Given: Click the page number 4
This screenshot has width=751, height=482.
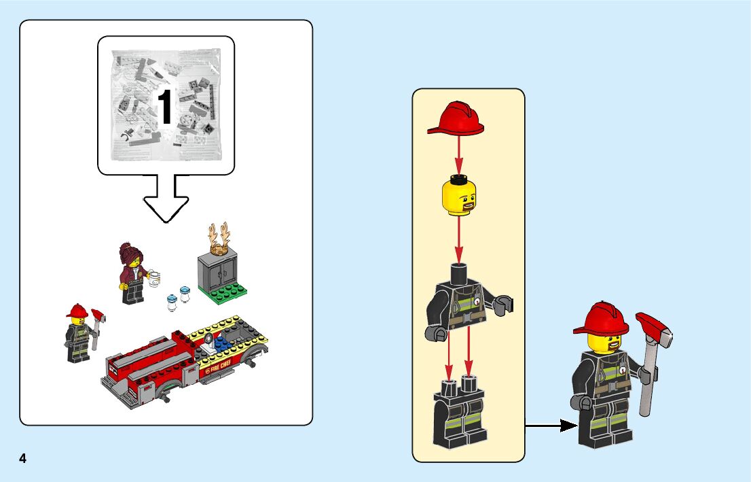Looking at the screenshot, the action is coord(22,458).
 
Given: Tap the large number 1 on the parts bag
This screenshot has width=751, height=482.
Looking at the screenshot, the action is coord(165,107).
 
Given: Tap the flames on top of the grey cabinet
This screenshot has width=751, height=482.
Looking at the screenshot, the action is coord(219,239).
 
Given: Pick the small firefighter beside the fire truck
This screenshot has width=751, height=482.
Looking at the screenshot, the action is coord(79,333).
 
